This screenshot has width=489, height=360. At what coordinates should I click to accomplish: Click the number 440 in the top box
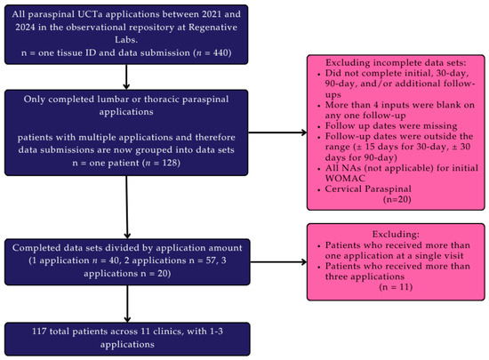[221, 52]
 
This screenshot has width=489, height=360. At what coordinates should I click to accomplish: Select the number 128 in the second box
[170, 163]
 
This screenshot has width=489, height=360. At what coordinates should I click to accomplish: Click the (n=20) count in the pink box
[397, 199]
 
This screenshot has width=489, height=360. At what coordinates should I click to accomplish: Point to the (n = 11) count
[396, 287]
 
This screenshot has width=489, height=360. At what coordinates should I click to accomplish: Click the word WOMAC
[345, 179]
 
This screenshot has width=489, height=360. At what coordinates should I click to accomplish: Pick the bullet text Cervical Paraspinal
[368, 188]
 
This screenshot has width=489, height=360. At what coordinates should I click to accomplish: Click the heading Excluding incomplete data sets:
[396, 62]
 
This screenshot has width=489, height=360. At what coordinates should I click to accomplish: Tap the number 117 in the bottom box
[39, 331]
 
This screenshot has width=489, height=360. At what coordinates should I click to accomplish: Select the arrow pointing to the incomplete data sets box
[277, 132]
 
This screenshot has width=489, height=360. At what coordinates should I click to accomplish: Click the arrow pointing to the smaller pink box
[278, 262]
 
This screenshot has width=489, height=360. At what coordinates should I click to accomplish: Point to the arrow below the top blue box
[126, 76]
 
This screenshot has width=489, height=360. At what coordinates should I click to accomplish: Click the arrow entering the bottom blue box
[127, 304]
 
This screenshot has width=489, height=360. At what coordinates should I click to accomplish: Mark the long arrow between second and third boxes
[126, 207]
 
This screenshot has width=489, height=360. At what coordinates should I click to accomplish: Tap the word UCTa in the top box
[90, 14]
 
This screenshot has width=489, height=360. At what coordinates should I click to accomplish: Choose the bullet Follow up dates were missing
[391, 126]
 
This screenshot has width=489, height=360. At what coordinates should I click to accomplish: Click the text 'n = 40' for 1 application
[106, 260]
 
